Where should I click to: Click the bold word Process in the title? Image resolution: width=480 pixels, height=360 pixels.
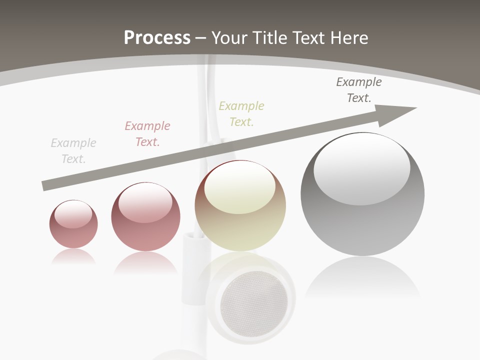157,38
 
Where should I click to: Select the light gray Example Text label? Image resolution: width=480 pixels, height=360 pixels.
73,151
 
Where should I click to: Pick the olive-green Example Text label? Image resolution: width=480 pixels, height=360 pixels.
241,114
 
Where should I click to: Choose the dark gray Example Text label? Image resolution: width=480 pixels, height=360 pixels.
359,90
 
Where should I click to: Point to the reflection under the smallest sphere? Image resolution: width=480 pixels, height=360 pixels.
73,257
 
